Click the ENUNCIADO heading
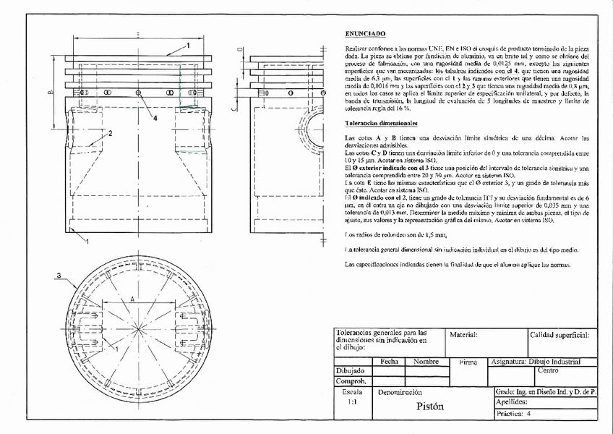coord(365,33)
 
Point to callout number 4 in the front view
coord(155,118)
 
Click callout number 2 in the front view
coord(110,134)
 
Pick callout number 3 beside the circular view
coord(58,276)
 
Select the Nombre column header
coord(426,361)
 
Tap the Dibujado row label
coord(351,370)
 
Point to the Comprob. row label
coord(351,380)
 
